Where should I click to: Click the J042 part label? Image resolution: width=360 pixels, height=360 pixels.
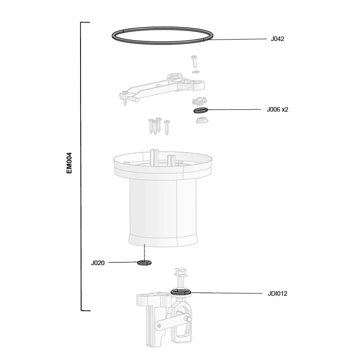point(277,39)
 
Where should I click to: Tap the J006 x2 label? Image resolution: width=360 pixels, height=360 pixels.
point(277,109)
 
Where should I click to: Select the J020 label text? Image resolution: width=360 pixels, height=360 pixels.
point(98,263)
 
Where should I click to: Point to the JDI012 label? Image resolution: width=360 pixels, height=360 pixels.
point(277,294)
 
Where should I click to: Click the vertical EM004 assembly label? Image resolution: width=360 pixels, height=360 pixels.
point(69,163)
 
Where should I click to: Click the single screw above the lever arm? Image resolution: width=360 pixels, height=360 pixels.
point(194,61)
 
